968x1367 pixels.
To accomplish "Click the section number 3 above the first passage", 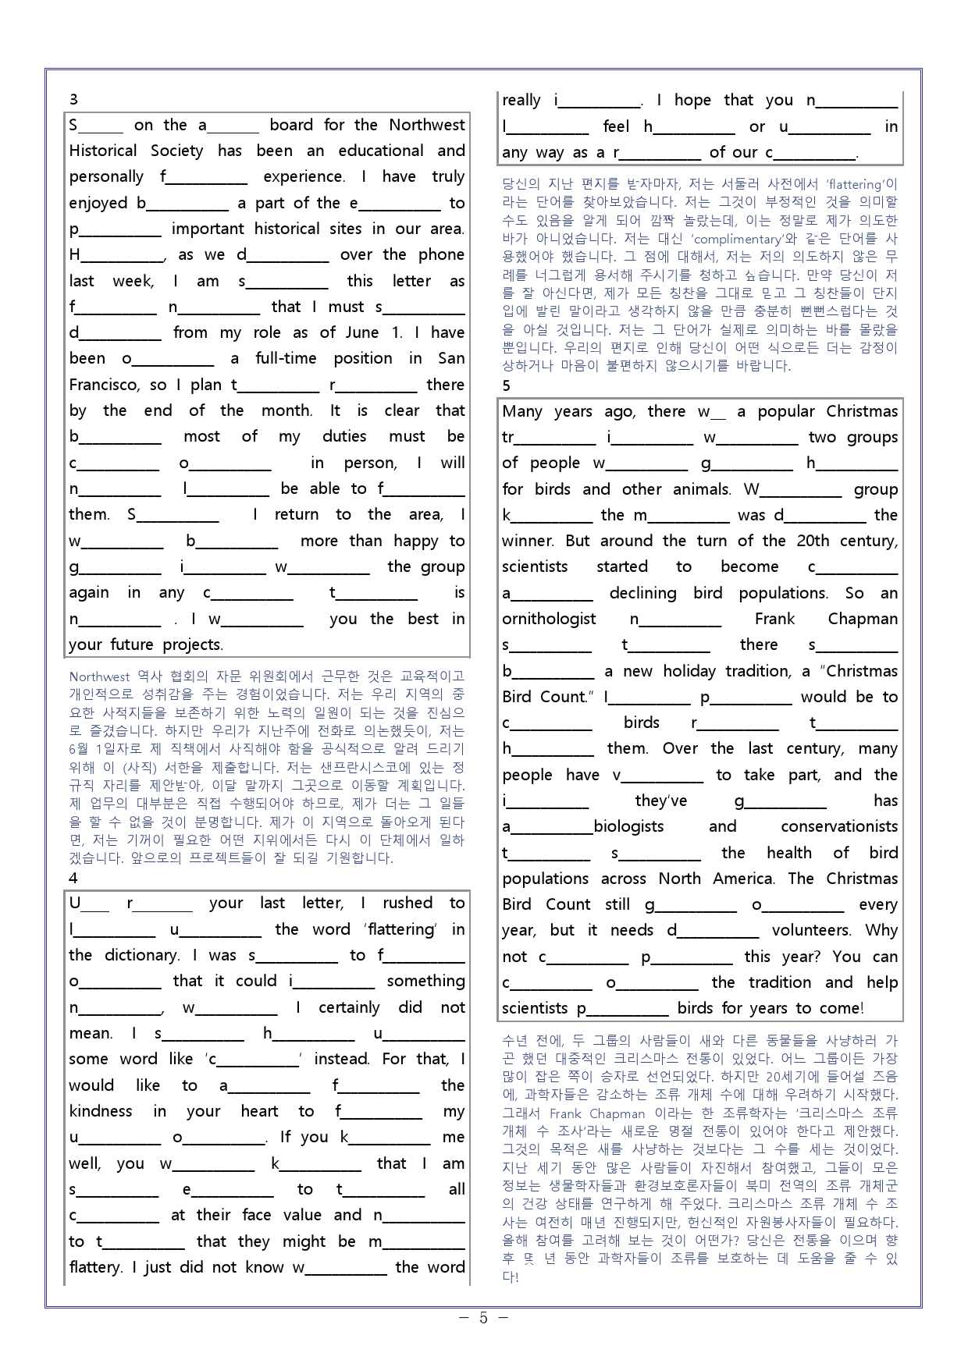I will pyautogui.click(x=73, y=99).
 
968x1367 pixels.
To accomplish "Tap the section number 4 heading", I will pyautogui.click(x=73, y=878).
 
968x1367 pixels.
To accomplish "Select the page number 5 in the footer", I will pyautogui.click(x=483, y=1318).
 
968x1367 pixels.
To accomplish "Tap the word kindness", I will pyautogui.click(x=101, y=1111).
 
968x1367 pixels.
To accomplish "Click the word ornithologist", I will pyautogui.click(x=549, y=619).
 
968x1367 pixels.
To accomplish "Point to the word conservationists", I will pyautogui.click(x=839, y=826).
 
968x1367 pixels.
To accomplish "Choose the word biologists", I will pyautogui.click(x=629, y=826).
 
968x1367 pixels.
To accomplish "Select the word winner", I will pyautogui.click(x=528, y=541).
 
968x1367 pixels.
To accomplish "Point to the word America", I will pyautogui.click(x=743, y=879).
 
